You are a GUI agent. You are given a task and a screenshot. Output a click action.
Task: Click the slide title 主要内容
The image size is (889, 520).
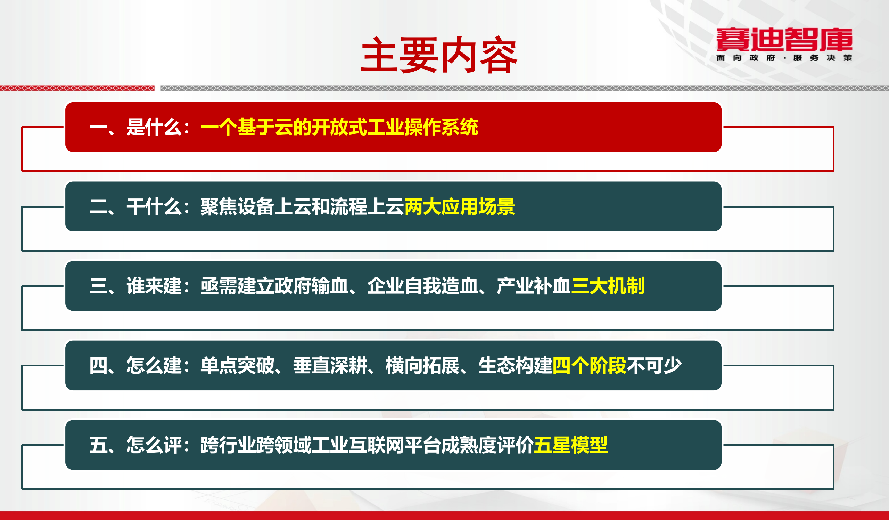point(439,55)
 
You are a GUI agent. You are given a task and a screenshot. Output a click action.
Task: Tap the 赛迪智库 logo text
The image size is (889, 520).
point(784,40)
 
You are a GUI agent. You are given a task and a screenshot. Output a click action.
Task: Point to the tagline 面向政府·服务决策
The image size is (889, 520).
point(784,58)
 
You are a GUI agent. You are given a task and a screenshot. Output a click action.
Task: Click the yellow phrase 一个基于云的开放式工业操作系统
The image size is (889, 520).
point(339,127)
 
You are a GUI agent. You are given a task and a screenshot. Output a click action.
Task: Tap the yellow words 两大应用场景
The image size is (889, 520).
point(459,206)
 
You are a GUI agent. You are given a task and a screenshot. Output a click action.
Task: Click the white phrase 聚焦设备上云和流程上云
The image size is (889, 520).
point(302,206)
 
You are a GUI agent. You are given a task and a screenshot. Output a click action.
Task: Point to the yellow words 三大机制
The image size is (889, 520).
point(608,286)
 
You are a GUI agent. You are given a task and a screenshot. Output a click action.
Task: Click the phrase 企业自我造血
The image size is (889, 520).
point(423,286)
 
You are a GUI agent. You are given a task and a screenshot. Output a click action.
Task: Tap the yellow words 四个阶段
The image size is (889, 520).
point(589,365)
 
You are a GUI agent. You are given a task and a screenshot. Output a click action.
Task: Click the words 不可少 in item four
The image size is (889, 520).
point(654,365)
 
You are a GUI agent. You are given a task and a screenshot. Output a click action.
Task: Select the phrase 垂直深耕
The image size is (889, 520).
point(330,365)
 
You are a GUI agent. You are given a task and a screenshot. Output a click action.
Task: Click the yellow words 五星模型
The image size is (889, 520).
point(570,445)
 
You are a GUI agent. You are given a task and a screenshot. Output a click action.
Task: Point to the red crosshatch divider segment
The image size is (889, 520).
point(77,88)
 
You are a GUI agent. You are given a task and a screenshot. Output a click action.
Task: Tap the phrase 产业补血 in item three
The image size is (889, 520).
point(533,286)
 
